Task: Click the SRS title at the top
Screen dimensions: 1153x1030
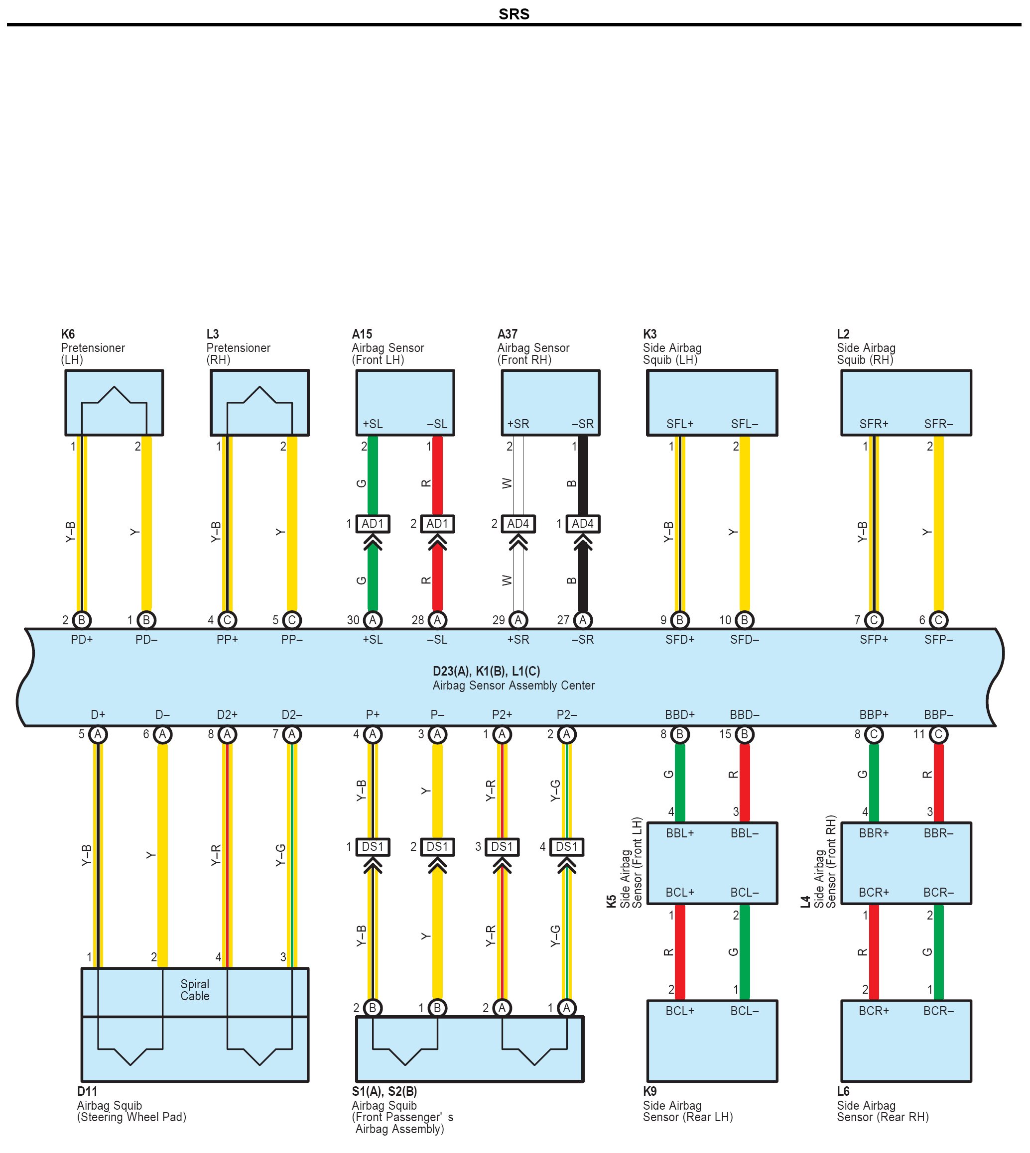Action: coord(514,13)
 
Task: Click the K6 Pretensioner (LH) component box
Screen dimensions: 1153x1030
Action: coord(114,402)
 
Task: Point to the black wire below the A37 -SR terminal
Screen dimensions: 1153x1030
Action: coord(582,475)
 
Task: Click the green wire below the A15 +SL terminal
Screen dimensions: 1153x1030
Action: coord(373,475)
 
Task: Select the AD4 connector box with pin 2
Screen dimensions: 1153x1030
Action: coord(518,523)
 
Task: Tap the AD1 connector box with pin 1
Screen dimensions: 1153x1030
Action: coord(373,523)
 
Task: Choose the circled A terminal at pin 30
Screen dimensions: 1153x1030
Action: coord(373,620)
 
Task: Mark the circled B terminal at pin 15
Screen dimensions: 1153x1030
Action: coord(744,734)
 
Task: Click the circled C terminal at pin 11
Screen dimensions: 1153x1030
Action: coord(938,734)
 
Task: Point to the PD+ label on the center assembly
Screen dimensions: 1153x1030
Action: coord(82,639)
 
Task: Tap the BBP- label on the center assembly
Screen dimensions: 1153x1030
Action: coord(938,714)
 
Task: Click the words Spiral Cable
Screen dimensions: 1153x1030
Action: coord(195,990)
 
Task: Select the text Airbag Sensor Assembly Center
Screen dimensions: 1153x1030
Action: coord(514,685)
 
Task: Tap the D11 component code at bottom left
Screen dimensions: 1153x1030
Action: coord(87,1091)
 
